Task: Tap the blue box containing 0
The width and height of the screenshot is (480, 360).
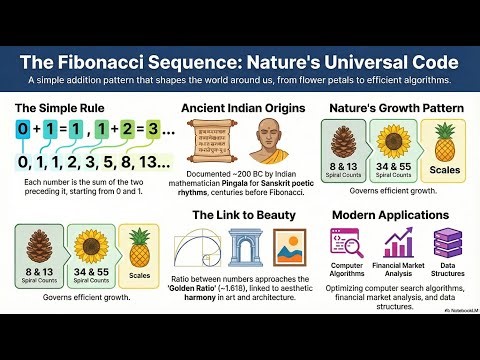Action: pyautogui.click(x=23, y=131)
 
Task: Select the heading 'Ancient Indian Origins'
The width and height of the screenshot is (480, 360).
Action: pyautogui.click(x=240, y=106)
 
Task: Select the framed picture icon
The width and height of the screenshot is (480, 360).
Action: pyautogui.click(x=289, y=251)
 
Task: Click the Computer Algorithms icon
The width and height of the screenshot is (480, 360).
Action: pyautogui.click(x=346, y=243)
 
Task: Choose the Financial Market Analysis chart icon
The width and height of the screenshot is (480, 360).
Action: pyautogui.click(x=399, y=243)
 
